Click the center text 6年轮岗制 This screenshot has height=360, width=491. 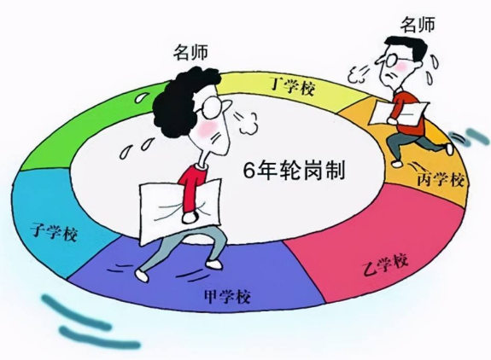click(294, 171)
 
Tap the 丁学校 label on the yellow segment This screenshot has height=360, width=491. click(292, 86)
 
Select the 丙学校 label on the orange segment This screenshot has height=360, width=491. click(441, 179)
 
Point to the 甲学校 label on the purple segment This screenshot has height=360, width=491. click(227, 296)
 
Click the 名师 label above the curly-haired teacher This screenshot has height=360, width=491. click(191, 52)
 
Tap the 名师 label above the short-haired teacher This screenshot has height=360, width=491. click(418, 25)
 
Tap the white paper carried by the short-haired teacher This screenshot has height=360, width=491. click(399, 113)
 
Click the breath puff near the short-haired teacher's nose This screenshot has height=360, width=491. click(359, 74)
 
